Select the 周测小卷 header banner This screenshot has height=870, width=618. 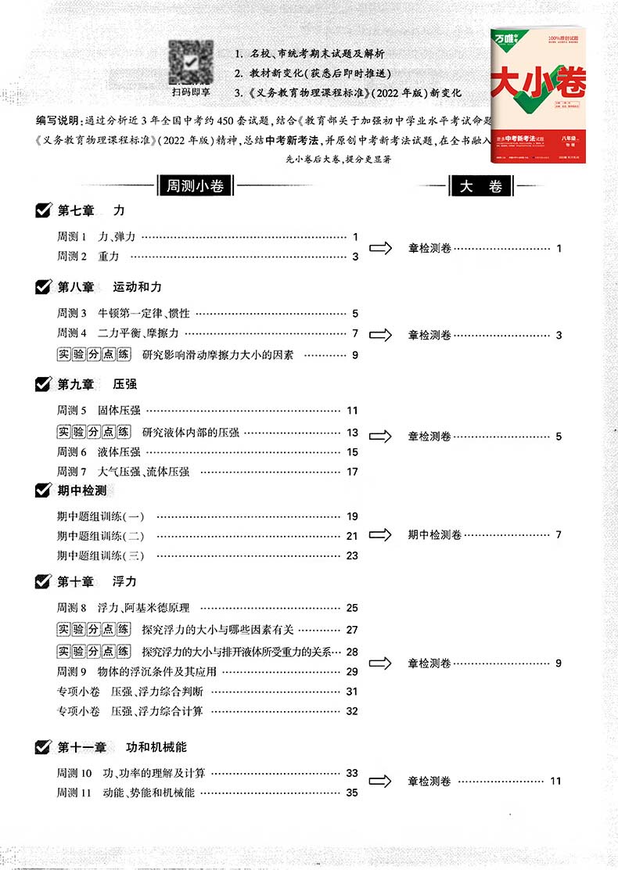coord(191,186)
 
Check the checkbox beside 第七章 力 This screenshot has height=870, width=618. coord(44,210)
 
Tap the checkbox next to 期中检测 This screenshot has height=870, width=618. coord(44,491)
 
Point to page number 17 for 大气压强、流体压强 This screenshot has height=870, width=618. coord(352,472)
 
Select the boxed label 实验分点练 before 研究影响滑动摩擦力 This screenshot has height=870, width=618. coord(94,354)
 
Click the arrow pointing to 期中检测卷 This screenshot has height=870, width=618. coord(381,535)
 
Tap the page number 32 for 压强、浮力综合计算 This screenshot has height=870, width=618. coord(352,711)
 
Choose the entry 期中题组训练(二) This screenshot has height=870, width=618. coord(101,536)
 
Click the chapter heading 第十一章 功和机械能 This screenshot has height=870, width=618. coord(122,747)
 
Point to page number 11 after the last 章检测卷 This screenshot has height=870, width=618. coord(556,781)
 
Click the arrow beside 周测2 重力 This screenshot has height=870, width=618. coord(381,248)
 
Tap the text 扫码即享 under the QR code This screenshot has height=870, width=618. coord(192,92)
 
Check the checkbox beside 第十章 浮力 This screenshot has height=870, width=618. coord(44,581)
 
